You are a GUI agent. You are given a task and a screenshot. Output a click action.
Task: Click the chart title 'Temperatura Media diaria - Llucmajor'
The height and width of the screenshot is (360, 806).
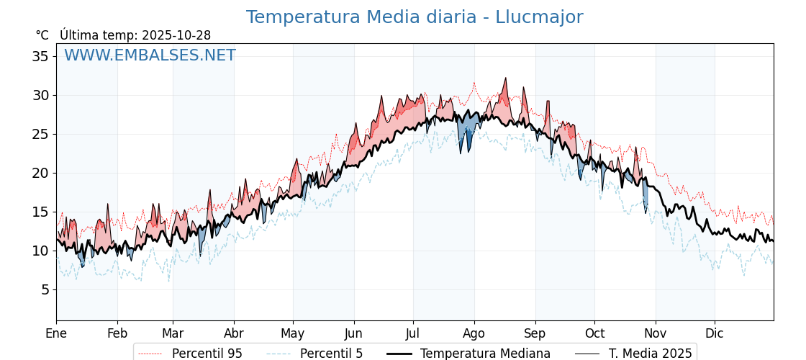click(x=414, y=17)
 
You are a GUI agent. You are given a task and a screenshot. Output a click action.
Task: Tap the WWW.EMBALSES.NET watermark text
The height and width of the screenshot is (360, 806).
click(x=150, y=55)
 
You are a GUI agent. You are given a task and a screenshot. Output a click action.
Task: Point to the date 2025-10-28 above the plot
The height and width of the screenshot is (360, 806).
click(x=176, y=35)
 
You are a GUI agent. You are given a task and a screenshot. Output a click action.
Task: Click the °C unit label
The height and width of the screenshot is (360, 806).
click(x=42, y=35)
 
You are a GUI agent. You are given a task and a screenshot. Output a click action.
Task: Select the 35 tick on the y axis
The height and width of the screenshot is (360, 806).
click(x=40, y=56)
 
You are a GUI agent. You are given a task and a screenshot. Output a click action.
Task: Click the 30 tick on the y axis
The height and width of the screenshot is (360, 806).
click(x=40, y=95)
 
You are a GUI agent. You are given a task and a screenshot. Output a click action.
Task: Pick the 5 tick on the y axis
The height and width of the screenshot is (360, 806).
click(x=45, y=289)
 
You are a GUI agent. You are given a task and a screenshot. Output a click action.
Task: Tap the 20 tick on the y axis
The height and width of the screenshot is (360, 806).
click(x=40, y=173)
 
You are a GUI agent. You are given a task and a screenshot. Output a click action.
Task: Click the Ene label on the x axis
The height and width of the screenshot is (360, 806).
click(x=56, y=333)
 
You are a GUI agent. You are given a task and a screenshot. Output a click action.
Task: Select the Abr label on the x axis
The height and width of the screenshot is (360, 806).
click(x=234, y=333)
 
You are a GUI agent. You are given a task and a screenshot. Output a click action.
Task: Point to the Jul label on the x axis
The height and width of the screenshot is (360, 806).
click(x=413, y=333)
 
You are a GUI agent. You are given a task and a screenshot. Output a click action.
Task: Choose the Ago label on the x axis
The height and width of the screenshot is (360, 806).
click(x=474, y=333)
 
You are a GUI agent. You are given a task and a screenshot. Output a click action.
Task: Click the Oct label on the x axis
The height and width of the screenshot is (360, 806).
click(x=594, y=333)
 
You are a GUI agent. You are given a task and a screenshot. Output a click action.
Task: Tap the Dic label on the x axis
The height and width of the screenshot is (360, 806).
click(x=715, y=333)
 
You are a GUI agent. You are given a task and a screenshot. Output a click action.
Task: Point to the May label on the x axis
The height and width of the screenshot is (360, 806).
click(x=293, y=333)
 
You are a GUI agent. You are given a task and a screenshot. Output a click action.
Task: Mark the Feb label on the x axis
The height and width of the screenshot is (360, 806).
click(x=117, y=333)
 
